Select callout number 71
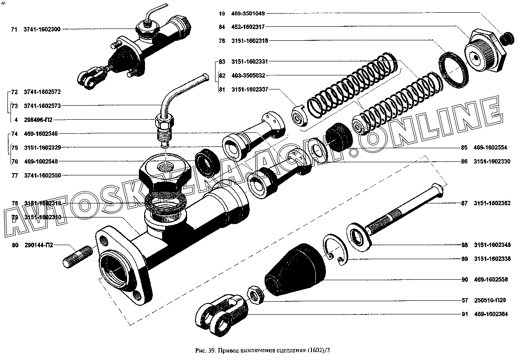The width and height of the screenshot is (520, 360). [x=14, y=29]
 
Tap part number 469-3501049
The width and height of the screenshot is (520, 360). [x=248, y=14]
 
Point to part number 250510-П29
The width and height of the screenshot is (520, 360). [x=490, y=300]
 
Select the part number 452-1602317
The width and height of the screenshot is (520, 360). [x=248, y=27]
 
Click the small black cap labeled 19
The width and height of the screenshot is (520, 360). [x=507, y=39]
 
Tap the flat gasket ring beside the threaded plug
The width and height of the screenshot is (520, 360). [x=452, y=68]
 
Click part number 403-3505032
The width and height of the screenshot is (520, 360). [x=248, y=75]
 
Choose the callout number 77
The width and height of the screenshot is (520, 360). [x=14, y=175]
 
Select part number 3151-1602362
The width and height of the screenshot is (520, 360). [x=492, y=203]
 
